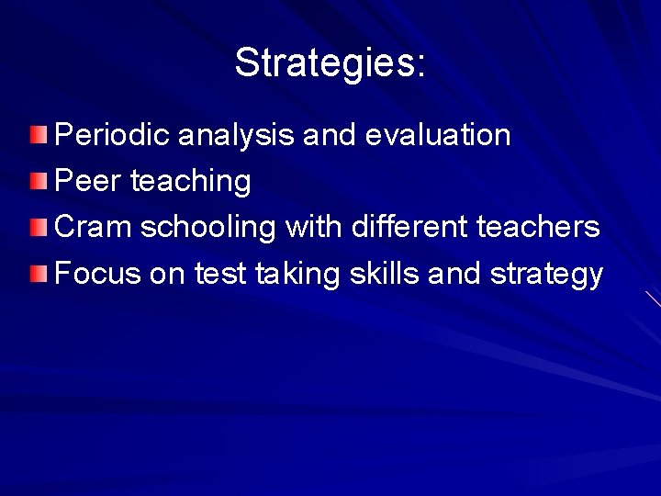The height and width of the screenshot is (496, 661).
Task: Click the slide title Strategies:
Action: [x=330, y=62]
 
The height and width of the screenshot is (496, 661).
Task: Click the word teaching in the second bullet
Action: [x=191, y=182]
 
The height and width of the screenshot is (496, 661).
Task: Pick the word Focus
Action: [x=99, y=274]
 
